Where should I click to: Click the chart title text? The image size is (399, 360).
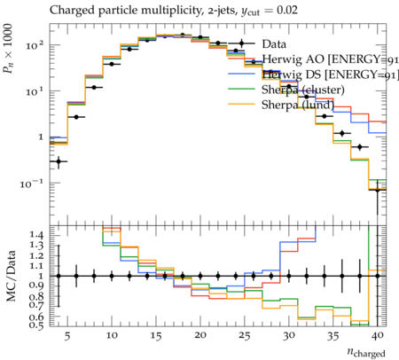tap(174, 11)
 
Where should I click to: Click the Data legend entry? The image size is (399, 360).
tap(274, 44)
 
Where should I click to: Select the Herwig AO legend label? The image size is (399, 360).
tap(330, 59)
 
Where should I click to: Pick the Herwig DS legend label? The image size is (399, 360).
tap(330, 74)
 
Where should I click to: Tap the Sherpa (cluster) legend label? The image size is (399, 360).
tap(303, 90)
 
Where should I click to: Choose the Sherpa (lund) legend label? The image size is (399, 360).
tap(298, 105)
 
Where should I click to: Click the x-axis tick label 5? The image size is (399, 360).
tap(67, 336)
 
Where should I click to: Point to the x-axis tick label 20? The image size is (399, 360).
tap(200, 335)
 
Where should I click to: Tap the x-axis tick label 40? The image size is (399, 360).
tap(378, 335)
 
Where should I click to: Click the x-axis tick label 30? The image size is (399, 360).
tap(289, 336)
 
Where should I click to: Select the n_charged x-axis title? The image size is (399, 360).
tap(366, 353)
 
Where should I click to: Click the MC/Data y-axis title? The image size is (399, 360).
tap(11, 276)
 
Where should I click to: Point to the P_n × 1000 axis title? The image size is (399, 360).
tap(8, 49)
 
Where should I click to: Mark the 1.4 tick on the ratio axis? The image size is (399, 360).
tap(36, 235)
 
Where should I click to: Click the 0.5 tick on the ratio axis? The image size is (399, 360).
tap(36, 325)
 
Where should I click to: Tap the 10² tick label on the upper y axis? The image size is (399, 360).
tap(35, 46)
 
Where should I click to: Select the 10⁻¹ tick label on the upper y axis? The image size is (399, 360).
tap(32, 184)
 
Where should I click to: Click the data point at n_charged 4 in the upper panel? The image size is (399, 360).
tap(59, 161)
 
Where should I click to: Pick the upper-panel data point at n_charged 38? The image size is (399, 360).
tap(360, 147)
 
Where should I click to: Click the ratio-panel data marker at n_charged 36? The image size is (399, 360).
tap(342, 276)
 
